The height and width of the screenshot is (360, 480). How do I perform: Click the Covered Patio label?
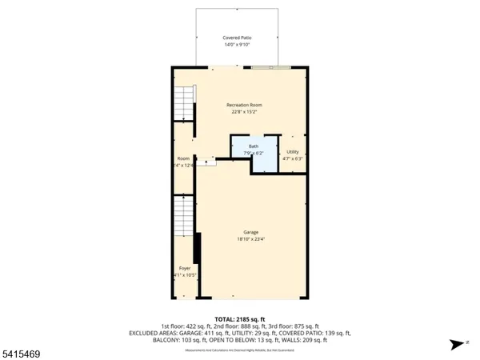[x=236, y=38]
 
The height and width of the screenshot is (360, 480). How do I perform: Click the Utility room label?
[x=292, y=151]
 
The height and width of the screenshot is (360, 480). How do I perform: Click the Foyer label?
[x=185, y=268]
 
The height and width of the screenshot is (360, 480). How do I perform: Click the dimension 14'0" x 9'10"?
[x=236, y=45]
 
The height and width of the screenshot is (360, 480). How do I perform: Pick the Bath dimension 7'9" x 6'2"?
[x=254, y=152]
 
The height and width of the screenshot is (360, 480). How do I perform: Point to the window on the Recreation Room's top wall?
[x=270, y=68]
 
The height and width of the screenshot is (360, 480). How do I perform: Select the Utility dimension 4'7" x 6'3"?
[x=292, y=158]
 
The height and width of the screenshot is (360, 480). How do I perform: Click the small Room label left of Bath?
[x=183, y=158]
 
